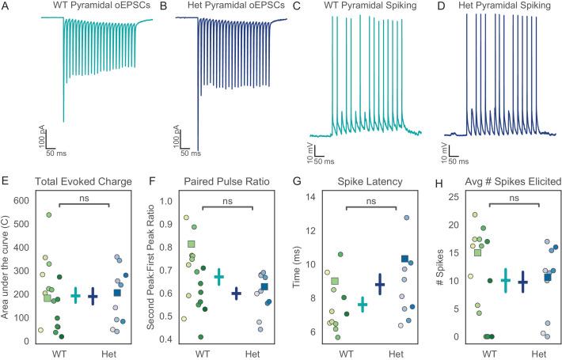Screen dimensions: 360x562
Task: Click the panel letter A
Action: [6, 6]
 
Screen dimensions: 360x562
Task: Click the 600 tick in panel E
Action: [25, 201]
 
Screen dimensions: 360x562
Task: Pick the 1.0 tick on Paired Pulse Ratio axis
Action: [164, 200]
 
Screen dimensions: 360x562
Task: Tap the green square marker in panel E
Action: [47, 297]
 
